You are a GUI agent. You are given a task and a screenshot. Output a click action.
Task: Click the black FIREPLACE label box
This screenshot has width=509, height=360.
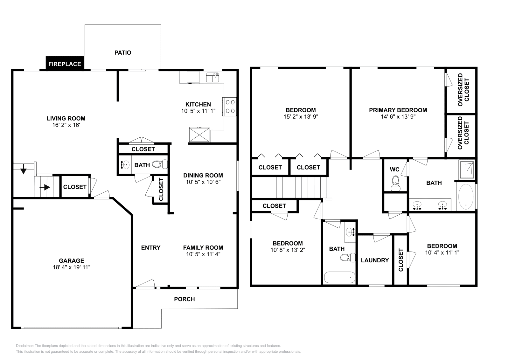pyautogui.click(x=65, y=64)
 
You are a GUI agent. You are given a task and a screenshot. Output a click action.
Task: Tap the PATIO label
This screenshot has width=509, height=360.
pyautogui.click(x=123, y=52)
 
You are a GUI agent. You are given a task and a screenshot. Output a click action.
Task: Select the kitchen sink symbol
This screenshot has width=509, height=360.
pyautogui.click(x=212, y=77)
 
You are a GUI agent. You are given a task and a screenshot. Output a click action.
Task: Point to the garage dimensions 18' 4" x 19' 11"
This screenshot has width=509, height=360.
pyautogui.click(x=72, y=267)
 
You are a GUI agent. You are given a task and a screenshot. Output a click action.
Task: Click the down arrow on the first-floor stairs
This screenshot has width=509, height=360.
pyautogui.click(x=24, y=169)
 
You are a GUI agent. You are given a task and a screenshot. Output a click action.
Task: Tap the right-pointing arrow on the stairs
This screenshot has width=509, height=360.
pyautogui.click(x=45, y=187)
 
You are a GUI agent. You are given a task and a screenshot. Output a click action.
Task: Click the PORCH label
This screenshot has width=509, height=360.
pyautogui.click(x=184, y=299)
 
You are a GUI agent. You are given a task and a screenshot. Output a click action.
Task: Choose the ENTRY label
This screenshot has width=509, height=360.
pyautogui.click(x=151, y=247)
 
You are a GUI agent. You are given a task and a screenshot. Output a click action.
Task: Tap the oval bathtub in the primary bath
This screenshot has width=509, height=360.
pyautogui.click(x=466, y=197)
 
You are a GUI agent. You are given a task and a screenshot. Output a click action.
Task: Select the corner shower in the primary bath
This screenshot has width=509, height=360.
pyautogui.click(x=467, y=170)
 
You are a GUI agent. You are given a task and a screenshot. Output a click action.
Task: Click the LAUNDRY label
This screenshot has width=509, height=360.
pyautogui.click(x=375, y=260)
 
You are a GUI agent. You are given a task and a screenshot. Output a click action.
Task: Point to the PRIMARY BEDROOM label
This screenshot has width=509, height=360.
pyautogui.click(x=398, y=110)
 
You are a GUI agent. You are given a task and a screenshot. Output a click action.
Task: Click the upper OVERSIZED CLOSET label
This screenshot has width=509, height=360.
pyautogui.click(x=463, y=90)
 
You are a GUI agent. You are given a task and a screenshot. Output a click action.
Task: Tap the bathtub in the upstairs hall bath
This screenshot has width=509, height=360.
pyautogui.click(x=339, y=277)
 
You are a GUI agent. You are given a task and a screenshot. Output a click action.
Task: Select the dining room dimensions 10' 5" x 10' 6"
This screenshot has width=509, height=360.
pyautogui.click(x=203, y=182)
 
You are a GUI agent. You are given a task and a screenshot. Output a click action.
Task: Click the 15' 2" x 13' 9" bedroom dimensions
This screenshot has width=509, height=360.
pyautogui.click(x=301, y=117)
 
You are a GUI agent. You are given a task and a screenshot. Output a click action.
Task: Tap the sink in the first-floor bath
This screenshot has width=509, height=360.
pyautogui.click(x=125, y=165)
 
